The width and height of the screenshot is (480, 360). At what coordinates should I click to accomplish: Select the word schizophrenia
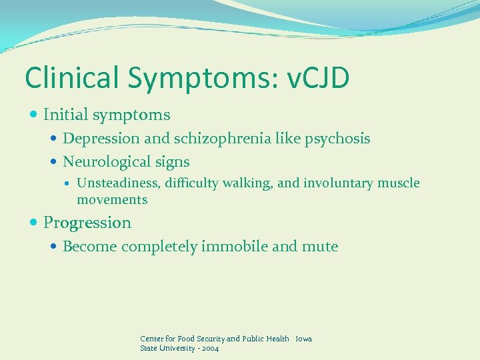pos(219,139)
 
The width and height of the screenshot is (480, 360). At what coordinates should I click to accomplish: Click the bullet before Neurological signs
pos(54,162)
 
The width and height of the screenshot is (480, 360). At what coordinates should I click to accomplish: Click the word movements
pos(112,199)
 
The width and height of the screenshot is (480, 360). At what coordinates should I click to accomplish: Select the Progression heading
pos(87,223)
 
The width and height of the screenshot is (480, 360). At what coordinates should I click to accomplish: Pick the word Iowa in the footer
pos(303,339)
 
